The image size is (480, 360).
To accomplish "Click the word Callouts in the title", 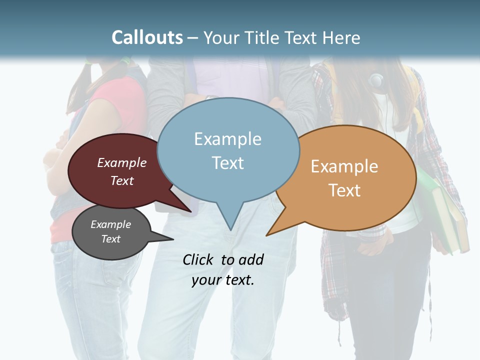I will click(x=147, y=37).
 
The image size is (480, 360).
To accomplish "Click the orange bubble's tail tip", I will click(x=267, y=234).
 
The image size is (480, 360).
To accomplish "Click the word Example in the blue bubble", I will click(x=227, y=139).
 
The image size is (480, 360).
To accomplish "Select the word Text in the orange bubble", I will click(x=344, y=190).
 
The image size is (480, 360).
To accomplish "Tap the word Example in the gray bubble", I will click(x=110, y=224).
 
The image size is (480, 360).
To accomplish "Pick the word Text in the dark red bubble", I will click(x=121, y=180).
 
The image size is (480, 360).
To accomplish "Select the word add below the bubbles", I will click(x=250, y=259).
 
